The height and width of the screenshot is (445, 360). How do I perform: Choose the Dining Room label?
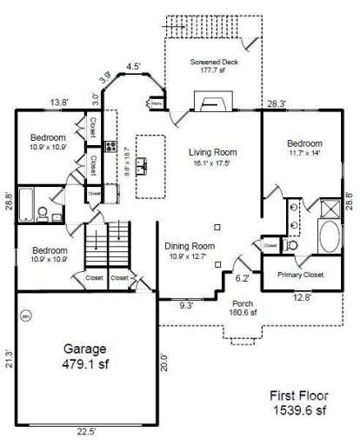point(190,246)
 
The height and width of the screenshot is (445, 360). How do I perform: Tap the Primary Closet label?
point(300,275)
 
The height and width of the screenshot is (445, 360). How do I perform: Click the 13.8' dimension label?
point(59,103)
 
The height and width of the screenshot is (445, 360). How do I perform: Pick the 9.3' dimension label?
point(185,306)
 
